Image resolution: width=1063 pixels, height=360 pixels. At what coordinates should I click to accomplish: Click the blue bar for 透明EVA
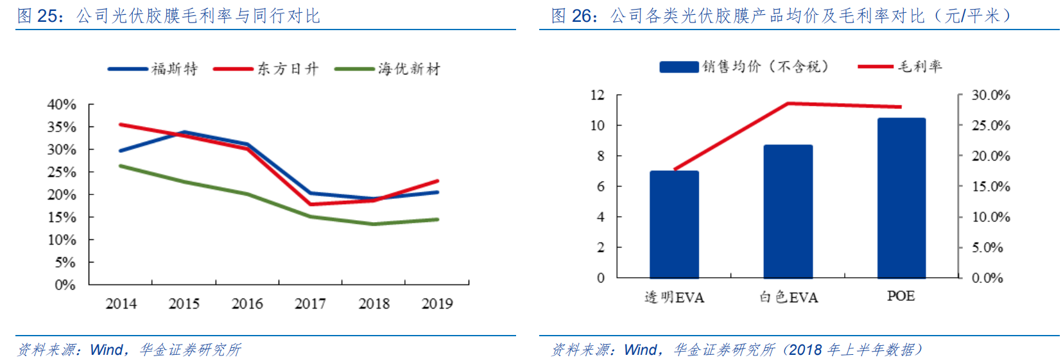coord(674,224)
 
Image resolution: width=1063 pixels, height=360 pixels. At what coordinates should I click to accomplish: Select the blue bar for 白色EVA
coord(788,211)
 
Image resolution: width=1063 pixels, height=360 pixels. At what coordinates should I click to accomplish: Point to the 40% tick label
coord(62,104)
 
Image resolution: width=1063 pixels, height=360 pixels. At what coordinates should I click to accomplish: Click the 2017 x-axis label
coord(310,304)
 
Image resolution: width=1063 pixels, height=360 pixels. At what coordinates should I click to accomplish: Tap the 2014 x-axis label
coord(121,304)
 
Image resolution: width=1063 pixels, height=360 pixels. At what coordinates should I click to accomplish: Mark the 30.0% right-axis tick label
coord(990,95)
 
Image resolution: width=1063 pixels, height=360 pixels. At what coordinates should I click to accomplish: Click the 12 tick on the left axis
coord(598,95)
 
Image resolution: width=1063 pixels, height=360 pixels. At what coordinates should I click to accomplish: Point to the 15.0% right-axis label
coord(990,187)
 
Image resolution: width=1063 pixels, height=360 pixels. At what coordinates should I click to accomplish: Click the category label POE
coord(901,296)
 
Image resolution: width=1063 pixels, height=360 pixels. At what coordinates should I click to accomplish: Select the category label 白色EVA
coord(788,297)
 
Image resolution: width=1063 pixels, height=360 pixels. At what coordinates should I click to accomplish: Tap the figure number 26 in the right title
coord(582,15)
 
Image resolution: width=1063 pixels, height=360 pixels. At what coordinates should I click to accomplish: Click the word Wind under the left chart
coord(106,350)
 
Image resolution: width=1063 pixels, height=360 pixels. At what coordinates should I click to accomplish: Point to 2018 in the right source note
coord(805,350)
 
